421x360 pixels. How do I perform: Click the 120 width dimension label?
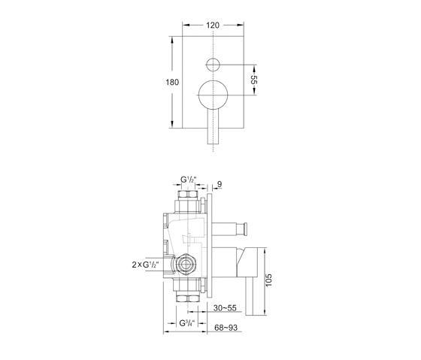[x=213, y=26]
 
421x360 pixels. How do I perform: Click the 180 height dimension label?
[x=172, y=82]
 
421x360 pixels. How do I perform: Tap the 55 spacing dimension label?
[x=254, y=80]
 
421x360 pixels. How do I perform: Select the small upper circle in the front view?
[x=213, y=65]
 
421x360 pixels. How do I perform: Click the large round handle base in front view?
[x=213, y=95]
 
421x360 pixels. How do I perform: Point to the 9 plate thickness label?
[x=220, y=184]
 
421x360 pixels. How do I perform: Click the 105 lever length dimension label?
[x=269, y=280]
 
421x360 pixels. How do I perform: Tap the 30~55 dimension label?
[x=225, y=308]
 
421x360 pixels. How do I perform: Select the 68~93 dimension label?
[x=226, y=328]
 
